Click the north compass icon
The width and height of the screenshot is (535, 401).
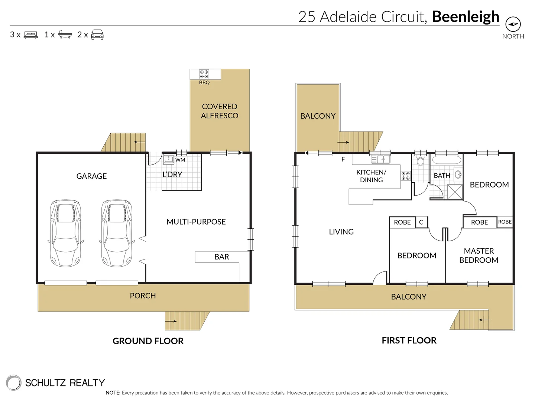(x=513, y=25)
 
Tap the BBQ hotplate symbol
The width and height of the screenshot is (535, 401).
(x=204, y=74)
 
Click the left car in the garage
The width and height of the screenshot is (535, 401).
(x=65, y=233)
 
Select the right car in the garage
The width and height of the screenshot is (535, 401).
(x=117, y=233)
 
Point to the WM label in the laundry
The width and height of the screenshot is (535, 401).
(x=180, y=160)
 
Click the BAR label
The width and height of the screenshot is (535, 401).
(x=221, y=257)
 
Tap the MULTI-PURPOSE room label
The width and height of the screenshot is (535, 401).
(x=196, y=222)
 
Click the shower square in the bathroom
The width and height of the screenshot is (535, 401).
(x=455, y=192)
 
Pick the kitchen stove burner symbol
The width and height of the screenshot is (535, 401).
(x=405, y=176)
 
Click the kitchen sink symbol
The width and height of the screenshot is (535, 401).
(x=380, y=160)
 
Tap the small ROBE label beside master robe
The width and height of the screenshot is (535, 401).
(x=505, y=222)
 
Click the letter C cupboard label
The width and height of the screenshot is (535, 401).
(x=421, y=222)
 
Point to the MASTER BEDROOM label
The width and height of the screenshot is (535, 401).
(x=479, y=256)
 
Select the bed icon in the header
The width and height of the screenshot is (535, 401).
(x=31, y=35)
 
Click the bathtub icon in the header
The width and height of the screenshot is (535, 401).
(x=65, y=35)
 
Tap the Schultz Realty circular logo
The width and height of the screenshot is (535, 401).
(x=14, y=383)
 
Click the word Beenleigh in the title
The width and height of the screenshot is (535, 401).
(x=466, y=17)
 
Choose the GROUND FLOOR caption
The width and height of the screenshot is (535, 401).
(x=148, y=341)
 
